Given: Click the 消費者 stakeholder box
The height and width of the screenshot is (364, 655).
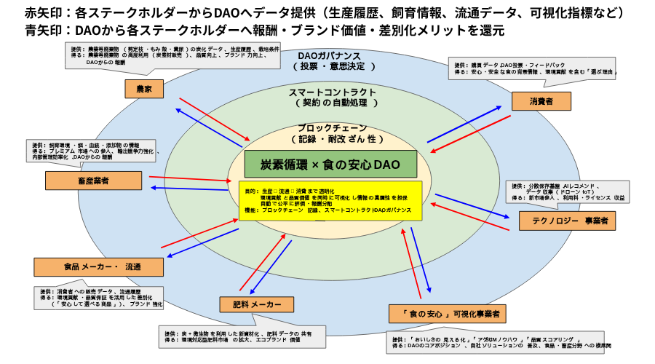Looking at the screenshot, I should pos(541,101).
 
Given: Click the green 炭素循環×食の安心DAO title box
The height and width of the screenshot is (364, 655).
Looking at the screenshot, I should pos(320,164).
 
